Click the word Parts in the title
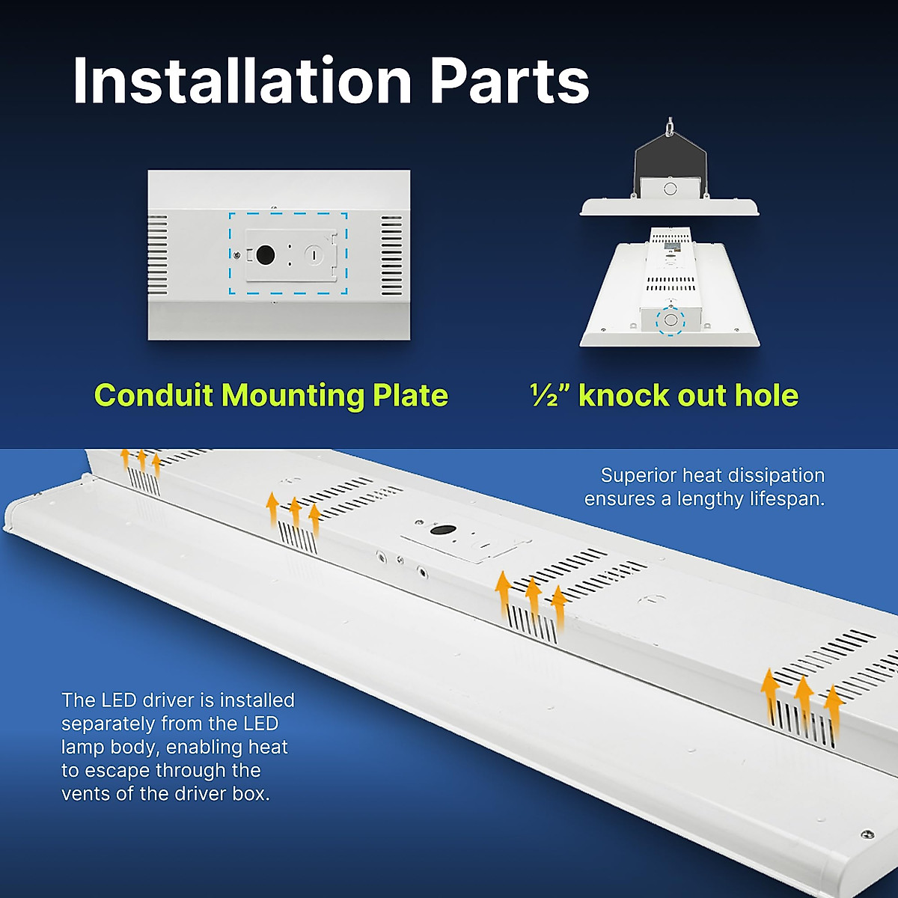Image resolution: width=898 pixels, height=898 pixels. pos(510,81)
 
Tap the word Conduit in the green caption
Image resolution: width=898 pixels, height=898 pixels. pos(153,395)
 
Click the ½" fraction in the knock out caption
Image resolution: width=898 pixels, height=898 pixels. pos(550,395)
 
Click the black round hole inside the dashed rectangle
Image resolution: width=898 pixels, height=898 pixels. pos(265,254)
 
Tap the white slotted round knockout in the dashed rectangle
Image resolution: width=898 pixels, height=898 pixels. pos(315,254)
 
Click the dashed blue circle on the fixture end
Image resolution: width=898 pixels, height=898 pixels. pos(671,320)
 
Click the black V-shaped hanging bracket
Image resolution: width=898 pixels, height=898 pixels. pos(670,161)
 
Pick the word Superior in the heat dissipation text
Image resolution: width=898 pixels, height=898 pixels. pos(638,475)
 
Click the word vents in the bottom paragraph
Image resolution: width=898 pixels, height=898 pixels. pos(86,793)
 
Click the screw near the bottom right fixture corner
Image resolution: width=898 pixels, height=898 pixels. pos(867,833)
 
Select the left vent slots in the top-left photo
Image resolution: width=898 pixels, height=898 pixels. pos(157,254)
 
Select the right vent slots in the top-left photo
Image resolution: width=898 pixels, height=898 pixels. pos(391,255)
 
